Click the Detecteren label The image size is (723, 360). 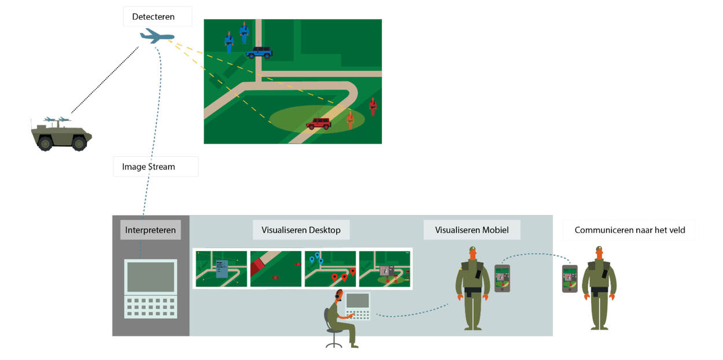coord(153,17)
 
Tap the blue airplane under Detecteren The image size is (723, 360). coord(157,35)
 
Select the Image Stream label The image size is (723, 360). coord(149,167)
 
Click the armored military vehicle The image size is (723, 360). coord(61,134)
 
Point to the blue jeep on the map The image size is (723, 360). coord(259,52)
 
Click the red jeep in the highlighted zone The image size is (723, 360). coord(319,123)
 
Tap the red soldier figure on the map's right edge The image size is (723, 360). coord(373,106)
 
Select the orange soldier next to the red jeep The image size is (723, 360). coord(350,120)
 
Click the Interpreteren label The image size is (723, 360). coord(150,230)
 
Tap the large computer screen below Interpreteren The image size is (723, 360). coord(151,277)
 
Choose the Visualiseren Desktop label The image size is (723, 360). coord(301,230)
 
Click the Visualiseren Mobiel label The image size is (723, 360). coord(472,230)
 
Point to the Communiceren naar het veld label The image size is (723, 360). coord(630,230)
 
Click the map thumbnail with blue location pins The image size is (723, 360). coord(330,269)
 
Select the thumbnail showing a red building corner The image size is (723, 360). coord(276,269)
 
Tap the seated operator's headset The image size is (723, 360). coord(338,295)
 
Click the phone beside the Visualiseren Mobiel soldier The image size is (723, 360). coord(502,278)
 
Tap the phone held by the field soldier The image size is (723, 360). coord(570,278)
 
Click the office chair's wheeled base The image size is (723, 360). coord(334,345)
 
